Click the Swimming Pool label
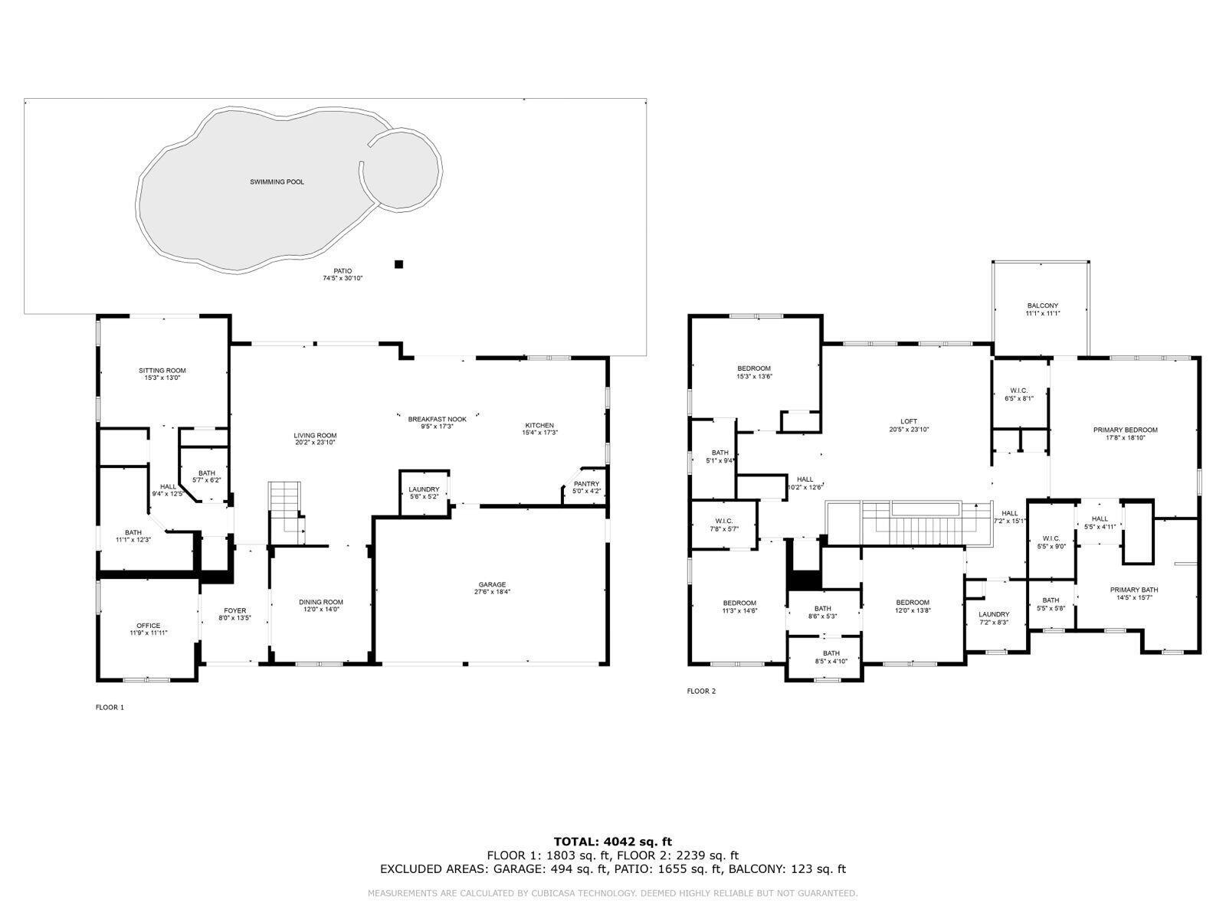coord(277,182)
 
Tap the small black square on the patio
coord(398,264)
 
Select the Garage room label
coord(492,585)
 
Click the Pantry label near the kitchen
coord(586,484)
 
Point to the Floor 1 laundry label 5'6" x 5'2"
coord(424,489)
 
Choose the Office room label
coord(149,626)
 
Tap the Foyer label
coord(235,611)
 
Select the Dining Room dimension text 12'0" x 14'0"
coord(321,610)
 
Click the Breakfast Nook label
coord(437,419)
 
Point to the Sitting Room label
coord(162,371)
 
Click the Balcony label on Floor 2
coord(1042,306)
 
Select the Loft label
coord(909,421)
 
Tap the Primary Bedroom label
coord(1125,430)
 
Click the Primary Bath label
coord(1134,590)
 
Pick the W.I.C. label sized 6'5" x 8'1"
coord(1019,391)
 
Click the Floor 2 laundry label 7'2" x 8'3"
coord(994,614)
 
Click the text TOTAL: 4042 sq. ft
coord(613,842)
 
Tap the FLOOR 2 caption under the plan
coord(701,691)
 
